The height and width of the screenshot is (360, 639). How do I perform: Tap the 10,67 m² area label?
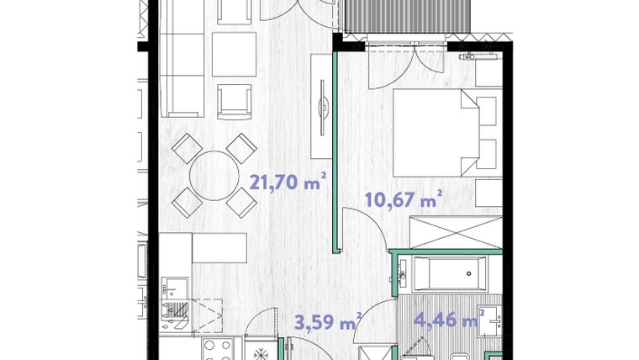coord(403,200)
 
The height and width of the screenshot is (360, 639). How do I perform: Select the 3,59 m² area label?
coord(328,321)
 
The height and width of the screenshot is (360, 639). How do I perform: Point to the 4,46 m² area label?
coord(451,319)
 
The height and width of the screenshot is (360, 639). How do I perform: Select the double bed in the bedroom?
coord(437,130)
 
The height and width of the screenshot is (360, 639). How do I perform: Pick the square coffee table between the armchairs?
coord(233,55)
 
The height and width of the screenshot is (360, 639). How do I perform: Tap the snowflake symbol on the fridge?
coord(261,350)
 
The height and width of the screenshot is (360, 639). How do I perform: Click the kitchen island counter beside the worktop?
coord(219,248)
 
